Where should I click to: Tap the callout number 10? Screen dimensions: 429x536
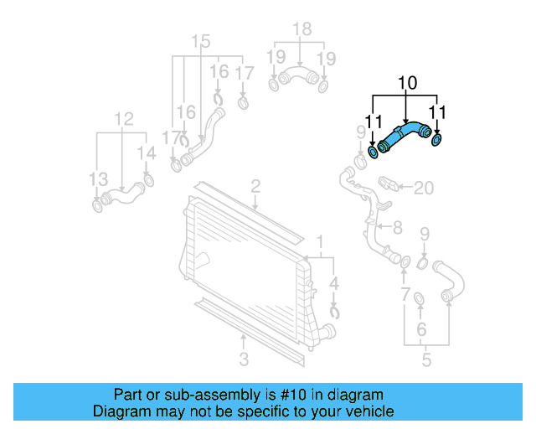pyautogui.click(x=407, y=84)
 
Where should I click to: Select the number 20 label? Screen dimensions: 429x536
pyautogui.click(x=424, y=188)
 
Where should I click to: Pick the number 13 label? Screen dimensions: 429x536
pyautogui.click(x=98, y=179)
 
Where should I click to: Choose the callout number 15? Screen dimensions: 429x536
pyautogui.click(x=201, y=42)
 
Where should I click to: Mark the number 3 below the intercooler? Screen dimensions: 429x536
pyautogui.click(x=244, y=360)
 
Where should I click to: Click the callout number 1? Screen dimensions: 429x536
pyautogui.click(x=318, y=242)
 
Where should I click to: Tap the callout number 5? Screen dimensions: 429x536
pyautogui.click(x=426, y=360)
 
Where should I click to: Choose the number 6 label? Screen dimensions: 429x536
pyautogui.click(x=421, y=328)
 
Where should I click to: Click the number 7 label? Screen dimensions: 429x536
pyautogui.click(x=405, y=295)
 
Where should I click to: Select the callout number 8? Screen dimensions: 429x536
pyautogui.click(x=397, y=226)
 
